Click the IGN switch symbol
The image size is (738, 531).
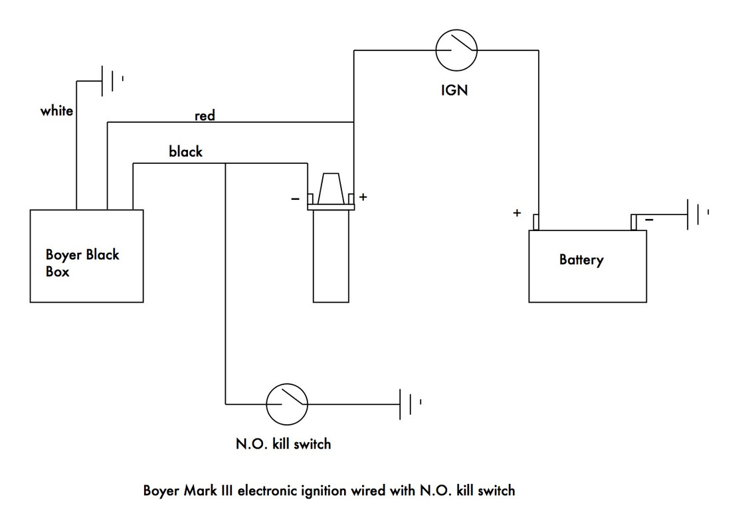456,50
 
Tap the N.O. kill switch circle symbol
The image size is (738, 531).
287,404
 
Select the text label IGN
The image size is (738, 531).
454,90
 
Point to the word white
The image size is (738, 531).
56,111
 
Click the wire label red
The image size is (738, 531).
205,115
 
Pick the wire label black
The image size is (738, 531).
185,152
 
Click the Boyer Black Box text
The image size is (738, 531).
82,262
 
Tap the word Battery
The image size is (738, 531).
581,260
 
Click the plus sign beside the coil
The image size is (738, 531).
363,197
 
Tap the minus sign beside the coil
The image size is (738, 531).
295,198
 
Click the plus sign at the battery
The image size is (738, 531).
516,213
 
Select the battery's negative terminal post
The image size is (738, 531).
634,222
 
